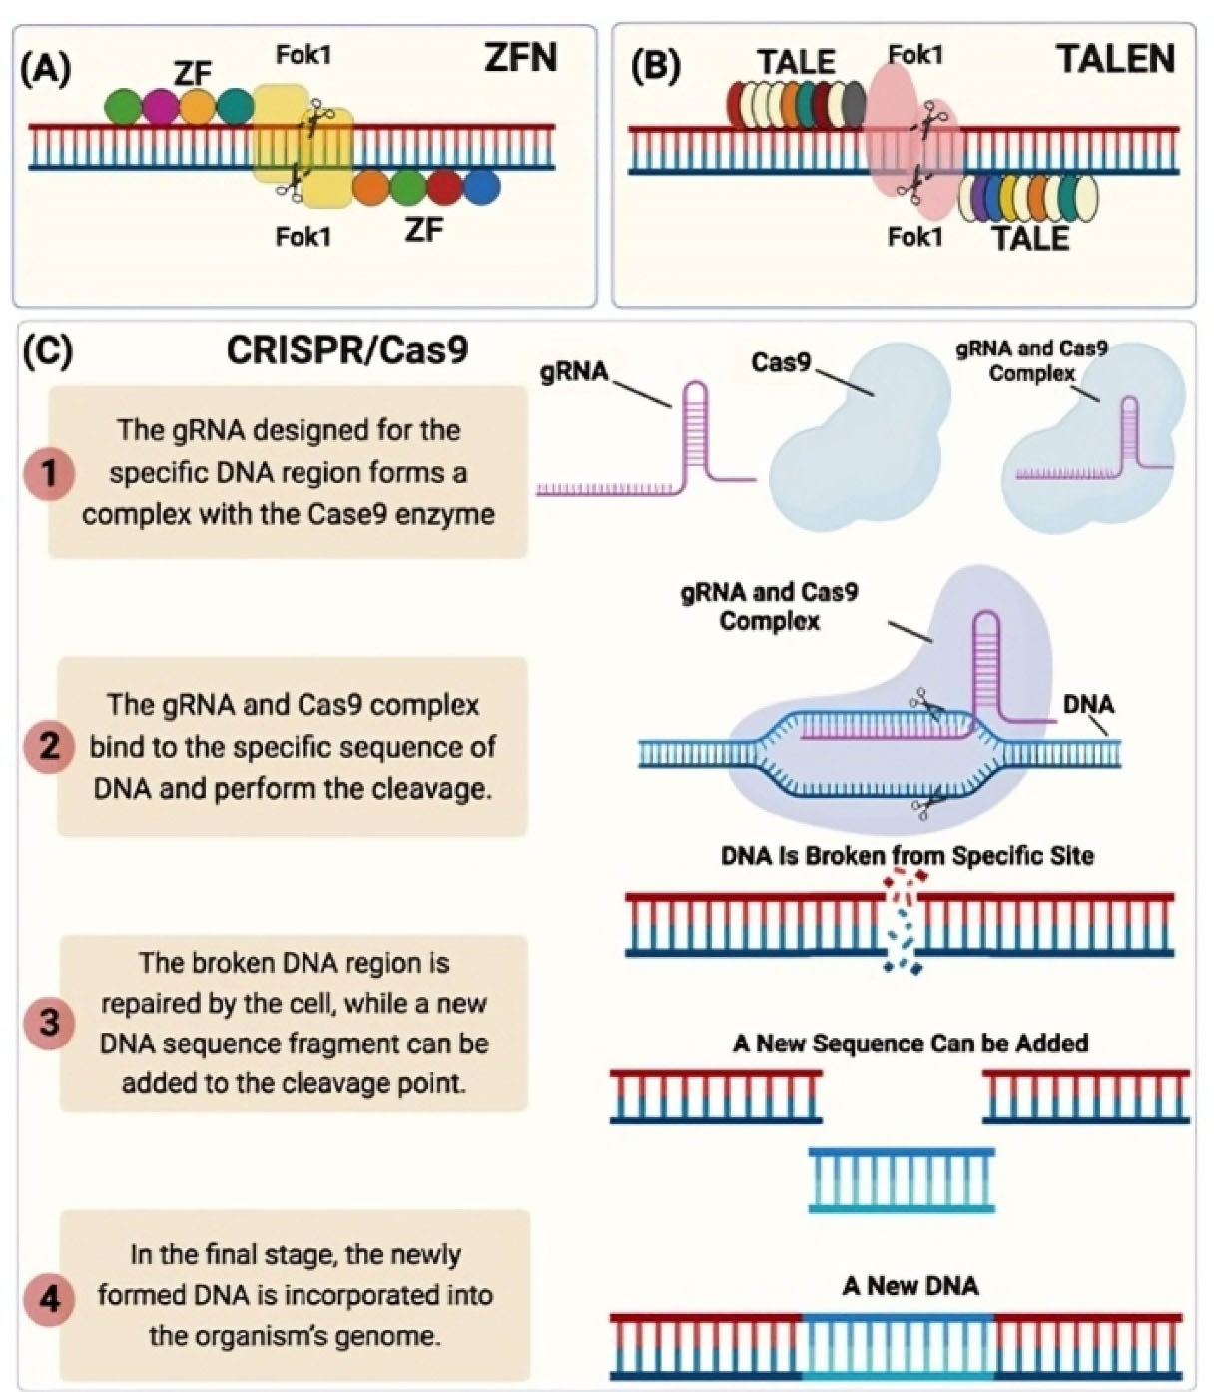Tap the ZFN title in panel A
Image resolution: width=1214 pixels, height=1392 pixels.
tap(520, 58)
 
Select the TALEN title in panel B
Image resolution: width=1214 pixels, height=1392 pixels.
tap(1116, 60)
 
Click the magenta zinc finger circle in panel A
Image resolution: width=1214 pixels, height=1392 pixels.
tap(160, 107)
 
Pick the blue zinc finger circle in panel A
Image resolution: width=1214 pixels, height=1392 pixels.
tap(481, 187)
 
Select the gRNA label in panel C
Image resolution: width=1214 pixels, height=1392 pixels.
tap(574, 373)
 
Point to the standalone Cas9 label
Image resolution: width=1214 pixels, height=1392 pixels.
tap(781, 362)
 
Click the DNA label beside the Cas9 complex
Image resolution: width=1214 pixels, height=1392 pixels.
tap(1088, 705)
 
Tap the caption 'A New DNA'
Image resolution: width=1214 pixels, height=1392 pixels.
tap(910, 1285)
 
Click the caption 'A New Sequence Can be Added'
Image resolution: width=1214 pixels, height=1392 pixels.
tap(910, 1044)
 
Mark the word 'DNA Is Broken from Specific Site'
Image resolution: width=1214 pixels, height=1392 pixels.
tap(907, 856)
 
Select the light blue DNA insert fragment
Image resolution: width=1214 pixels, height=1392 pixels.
tap(902, 1180)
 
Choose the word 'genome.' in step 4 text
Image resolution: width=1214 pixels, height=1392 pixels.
tap(394, 1336)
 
